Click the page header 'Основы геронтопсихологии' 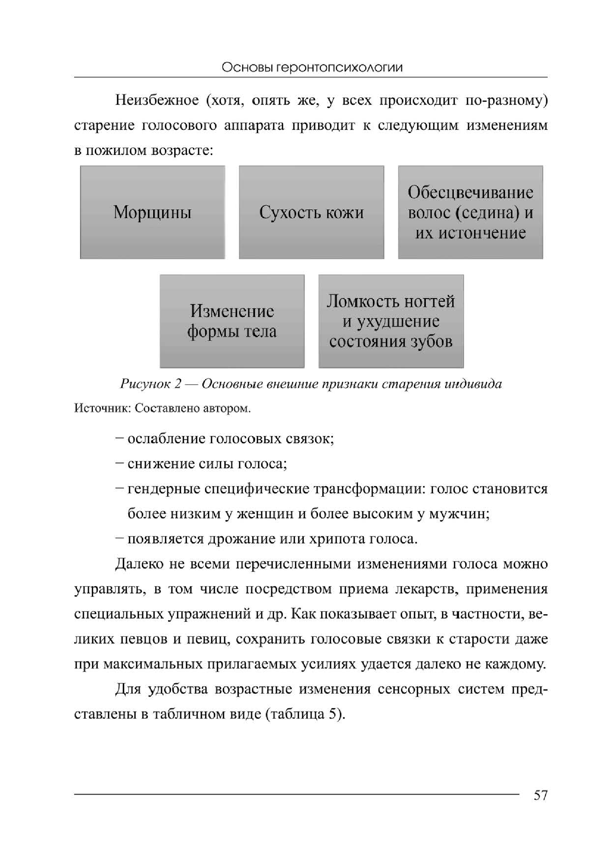click(312, 67)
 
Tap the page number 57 click(540, 795)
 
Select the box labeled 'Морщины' click(153, 213)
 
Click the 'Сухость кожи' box click(311, 213)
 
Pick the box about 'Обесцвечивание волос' click(470, 213)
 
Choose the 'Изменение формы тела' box click(232, 321)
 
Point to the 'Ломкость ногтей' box click(391, 321)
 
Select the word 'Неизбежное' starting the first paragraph click(157, 100)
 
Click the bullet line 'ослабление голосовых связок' click(231, 439)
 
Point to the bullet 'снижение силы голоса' click(208, 464)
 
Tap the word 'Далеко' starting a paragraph click(139, 564)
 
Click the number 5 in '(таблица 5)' click(332, 714)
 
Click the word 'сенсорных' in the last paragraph click(414, 689)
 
